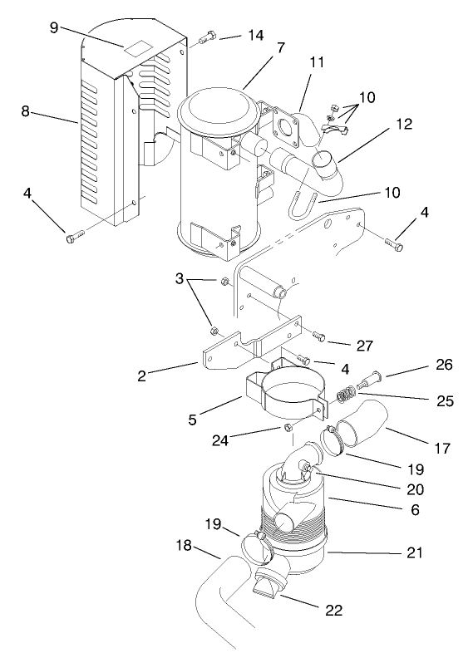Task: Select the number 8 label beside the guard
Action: coord(26,112)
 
